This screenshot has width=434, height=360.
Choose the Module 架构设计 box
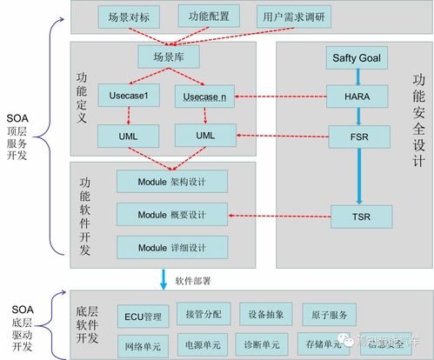point(172,181)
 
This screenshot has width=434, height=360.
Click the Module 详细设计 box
point(172,246)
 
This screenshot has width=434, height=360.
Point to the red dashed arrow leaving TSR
point(278,213)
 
